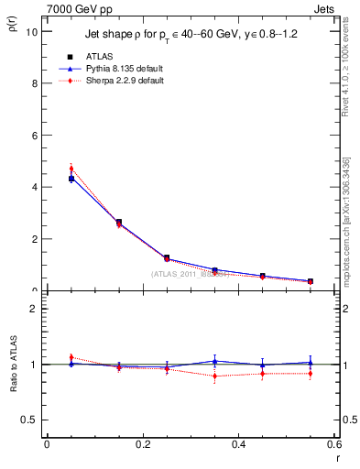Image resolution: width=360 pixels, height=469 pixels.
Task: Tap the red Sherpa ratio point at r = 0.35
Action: click(x=214, y=376)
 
